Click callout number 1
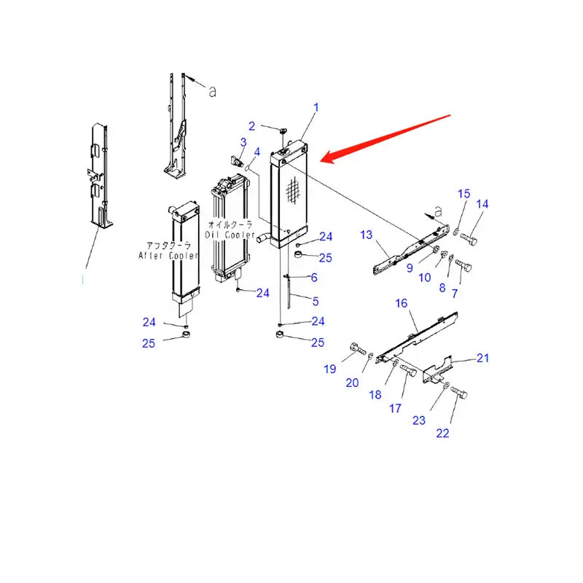tap(316, 108)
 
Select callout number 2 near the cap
tap(251, 125)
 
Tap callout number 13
tap(366, 234)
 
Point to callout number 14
tap(482, 204)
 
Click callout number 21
tap(482, 357)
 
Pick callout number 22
tap(443, 433)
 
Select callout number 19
tap(329, 369)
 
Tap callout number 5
tap(315, 301)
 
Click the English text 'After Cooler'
tap(168, 255)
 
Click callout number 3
tap(243, 141)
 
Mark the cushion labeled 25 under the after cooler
tap(187, 335)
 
